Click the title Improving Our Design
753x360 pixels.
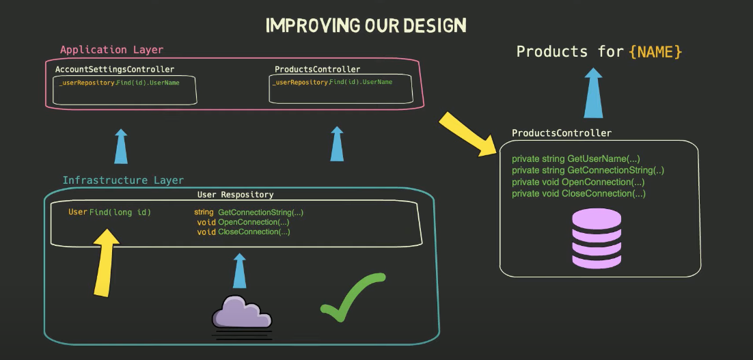coord(366,26)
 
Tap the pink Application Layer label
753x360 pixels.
coord(111,50)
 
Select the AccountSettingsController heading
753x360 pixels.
coord(114,69)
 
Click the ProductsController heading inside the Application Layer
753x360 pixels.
coord(317,69)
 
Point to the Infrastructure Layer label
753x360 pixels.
coord(123,180)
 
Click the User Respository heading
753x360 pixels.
coord(235,195)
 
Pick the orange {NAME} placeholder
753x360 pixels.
coord(655,51)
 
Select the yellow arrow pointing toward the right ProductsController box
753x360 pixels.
coord(469,133)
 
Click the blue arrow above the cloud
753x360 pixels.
coord(238,271)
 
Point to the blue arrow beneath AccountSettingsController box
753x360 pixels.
coord(120,146)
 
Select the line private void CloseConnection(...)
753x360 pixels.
coord(578,193)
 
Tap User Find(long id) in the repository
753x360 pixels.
coord(109,212)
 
